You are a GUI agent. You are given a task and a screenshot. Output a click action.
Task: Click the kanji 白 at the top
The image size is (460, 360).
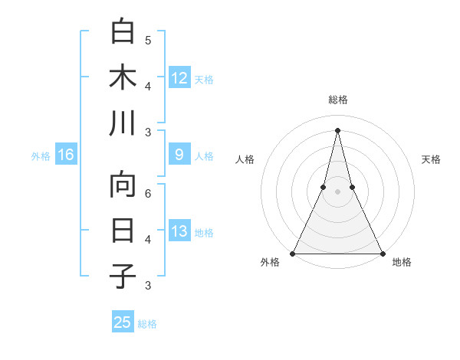(x=123, y=32)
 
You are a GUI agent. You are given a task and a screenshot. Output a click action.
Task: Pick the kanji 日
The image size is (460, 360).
(x=123, y=231)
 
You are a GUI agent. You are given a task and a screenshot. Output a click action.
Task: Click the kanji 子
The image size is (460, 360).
(x=123, y=277)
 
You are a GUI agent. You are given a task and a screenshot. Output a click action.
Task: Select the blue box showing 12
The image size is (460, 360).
(x=179, y=77)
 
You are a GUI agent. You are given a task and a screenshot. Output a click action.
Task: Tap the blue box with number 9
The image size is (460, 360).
(x=179, y=155)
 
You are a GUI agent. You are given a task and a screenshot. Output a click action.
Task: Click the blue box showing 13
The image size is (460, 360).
(x=179, y=231)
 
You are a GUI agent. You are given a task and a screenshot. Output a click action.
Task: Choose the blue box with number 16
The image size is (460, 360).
(x=66, y=155)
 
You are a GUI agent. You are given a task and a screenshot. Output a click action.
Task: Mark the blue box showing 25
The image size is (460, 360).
(x=123, y=322)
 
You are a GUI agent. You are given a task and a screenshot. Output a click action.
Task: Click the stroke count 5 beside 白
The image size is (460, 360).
(x=148, y=40)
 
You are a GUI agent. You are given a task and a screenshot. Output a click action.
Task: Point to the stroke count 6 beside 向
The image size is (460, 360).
(x=148, y=193)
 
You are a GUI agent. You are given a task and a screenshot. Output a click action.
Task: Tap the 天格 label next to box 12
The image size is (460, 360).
(x=204, y=79)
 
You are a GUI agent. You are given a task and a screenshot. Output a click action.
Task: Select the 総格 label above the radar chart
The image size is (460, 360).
(x=337, y=100)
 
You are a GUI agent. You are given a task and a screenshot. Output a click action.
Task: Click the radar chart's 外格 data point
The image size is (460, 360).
(x=293, y=253)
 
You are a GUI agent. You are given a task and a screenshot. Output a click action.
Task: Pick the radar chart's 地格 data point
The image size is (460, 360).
(x=382, y=253)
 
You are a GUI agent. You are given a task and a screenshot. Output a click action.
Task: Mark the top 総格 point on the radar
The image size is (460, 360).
(x=337, y=129)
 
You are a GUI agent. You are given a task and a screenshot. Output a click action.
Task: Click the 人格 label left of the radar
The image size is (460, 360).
(x=245, y=159)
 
